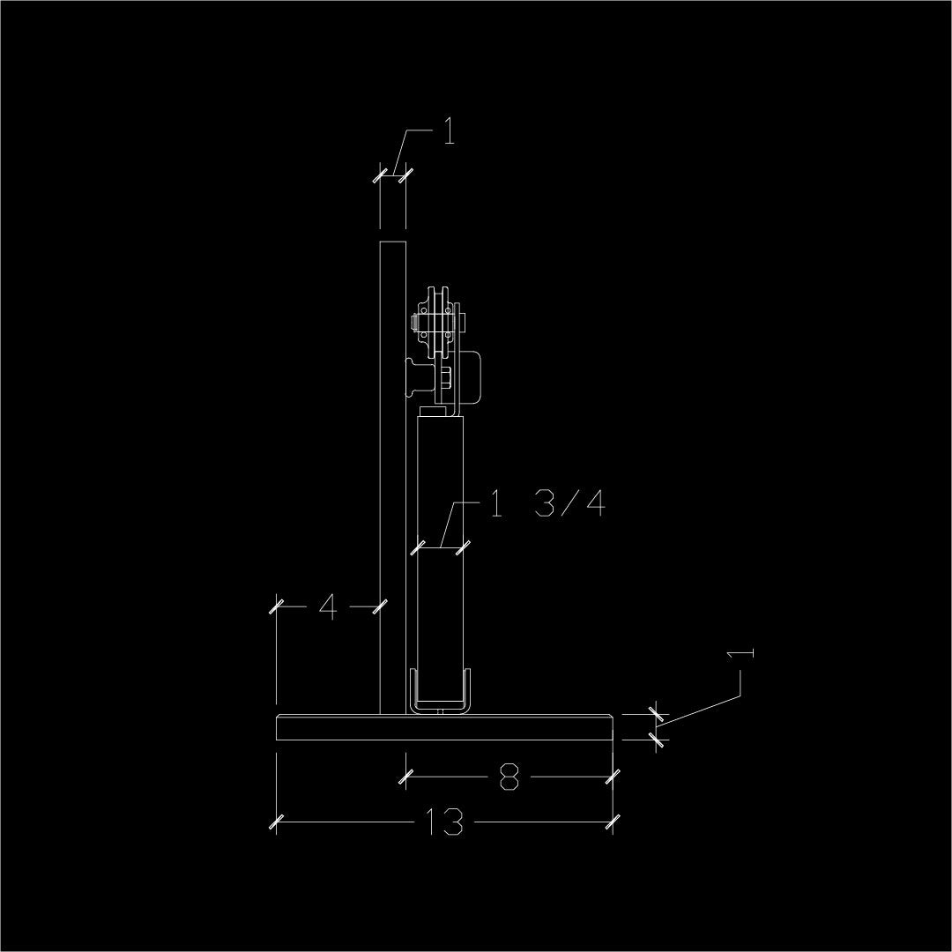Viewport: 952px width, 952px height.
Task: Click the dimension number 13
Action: (443, 822)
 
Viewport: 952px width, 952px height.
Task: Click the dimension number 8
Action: (509, 777)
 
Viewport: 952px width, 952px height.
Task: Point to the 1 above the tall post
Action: (449, 131)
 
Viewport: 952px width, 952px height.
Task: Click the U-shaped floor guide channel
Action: (440, 692)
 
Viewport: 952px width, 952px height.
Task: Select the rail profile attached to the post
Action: (420, 377)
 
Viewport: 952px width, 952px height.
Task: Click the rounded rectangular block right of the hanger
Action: (471, 377)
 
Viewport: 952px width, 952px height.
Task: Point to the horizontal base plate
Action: (444, 727)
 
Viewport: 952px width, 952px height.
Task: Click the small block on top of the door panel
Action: (433, 412)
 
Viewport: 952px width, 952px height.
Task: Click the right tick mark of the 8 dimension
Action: (613, 777)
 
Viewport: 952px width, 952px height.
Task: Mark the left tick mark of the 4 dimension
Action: (276, 606)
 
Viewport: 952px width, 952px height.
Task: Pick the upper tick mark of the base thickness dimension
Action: (656, 715)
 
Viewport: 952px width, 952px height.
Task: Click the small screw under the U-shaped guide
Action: (442, 713)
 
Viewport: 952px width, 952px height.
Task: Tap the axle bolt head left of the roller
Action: (415, 323)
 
